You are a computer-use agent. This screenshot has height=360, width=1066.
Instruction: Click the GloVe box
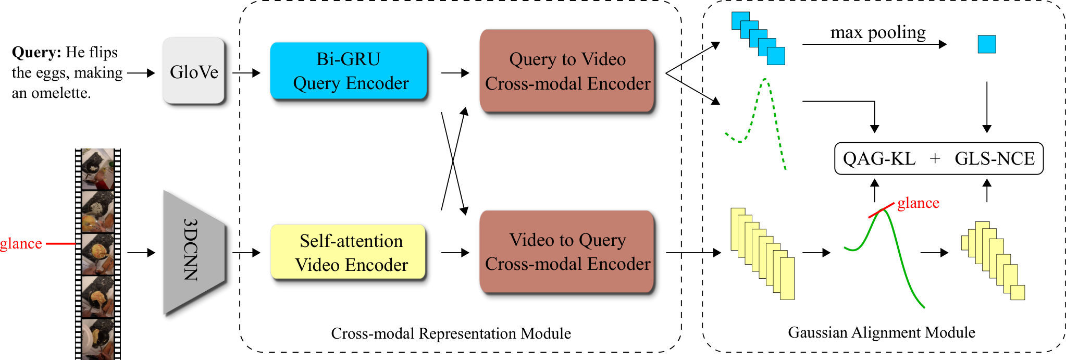point(194,71)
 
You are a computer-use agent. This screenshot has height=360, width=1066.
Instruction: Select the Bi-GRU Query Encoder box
point(349,71)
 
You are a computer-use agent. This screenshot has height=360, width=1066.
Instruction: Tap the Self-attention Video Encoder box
point(349,252)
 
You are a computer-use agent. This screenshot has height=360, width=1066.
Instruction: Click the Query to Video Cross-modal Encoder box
point(567,71)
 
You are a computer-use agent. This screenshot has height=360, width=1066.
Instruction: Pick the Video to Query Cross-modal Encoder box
point(567,252)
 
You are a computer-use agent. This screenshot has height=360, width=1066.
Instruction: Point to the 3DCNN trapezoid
point(194,253)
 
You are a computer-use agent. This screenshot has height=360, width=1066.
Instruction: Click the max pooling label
point(878,33)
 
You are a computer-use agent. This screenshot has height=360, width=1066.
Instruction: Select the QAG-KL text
point(879,158)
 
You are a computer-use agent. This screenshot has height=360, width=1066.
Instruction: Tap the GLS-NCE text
point(995,158)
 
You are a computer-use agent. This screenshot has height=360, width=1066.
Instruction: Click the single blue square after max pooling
point(987,44)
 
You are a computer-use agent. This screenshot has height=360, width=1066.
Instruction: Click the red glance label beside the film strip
point(21,244)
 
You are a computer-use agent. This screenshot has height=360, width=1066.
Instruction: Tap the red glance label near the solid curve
point(918,203)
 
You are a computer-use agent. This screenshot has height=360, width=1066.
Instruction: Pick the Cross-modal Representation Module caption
point(451,333)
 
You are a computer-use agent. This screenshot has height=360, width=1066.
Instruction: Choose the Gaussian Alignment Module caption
point(882,332)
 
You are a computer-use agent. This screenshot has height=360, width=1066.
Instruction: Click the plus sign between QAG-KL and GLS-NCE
point(935,158)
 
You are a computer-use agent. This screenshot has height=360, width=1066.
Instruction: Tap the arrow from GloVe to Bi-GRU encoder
point(246,73)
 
